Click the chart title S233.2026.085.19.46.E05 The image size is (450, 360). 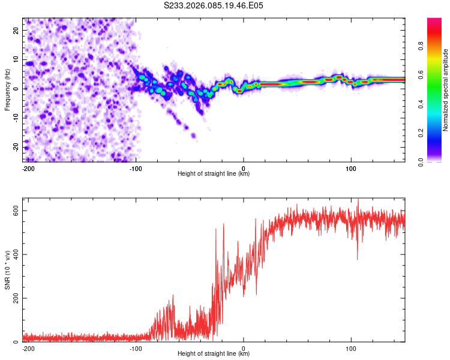coord(214,6)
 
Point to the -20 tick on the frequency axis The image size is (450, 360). coord(16,147)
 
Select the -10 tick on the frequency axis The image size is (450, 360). coord(16,118)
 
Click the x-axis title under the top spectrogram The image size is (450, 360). coord(214,174)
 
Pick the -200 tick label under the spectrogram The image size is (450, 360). coord(28,167)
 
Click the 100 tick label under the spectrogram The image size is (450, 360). coord(351,167)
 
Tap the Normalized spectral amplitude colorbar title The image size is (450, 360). coord(445,90)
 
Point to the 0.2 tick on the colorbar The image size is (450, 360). coord(421,133)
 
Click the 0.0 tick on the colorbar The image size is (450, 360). coord(421,161)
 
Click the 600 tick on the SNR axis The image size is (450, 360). coord(16,211)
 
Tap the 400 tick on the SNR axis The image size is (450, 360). coord(16,254)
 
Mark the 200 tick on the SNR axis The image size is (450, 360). coord(16,298)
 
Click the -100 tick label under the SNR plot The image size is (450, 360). coord(136,348)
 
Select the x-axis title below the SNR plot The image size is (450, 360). coord(214,354)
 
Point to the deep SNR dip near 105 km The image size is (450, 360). coord(358,259)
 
